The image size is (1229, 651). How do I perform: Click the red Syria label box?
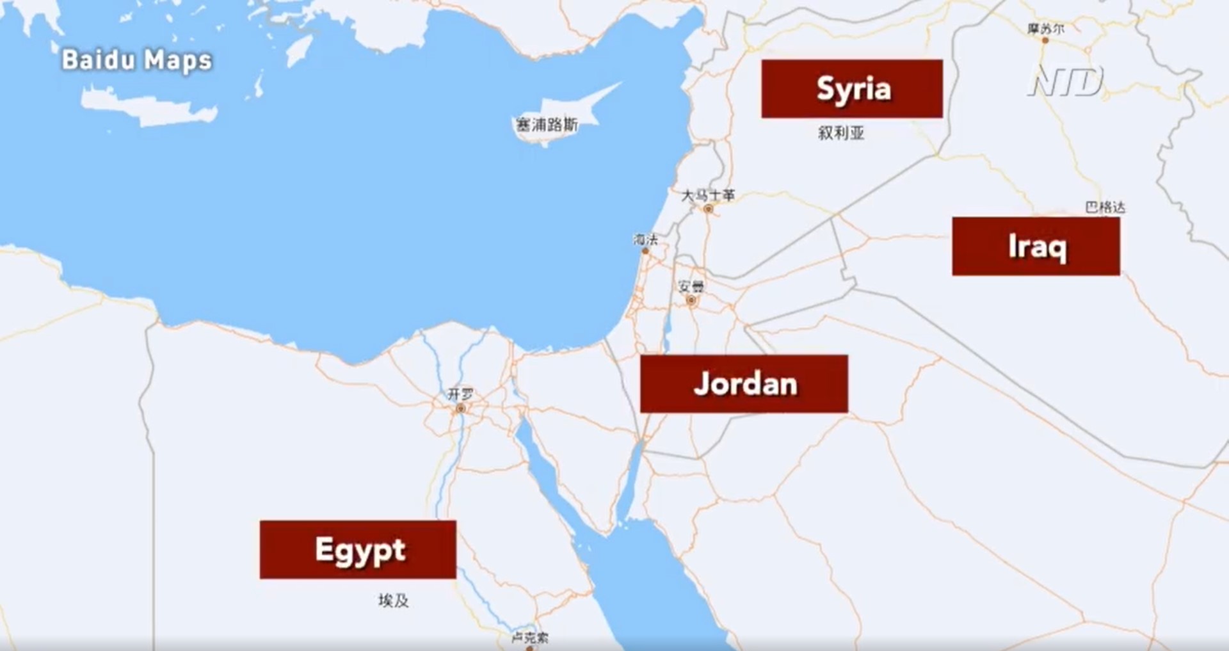(x=851, y=88)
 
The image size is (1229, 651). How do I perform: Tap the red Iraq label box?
(x=1036, y=246)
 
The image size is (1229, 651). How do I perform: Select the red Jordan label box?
(x=744, y=383)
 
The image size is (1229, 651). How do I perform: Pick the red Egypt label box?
(x=358, y=549)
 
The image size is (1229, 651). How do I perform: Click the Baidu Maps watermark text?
(x=136, y=60)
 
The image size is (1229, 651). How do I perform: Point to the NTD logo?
(x=1066, y=81)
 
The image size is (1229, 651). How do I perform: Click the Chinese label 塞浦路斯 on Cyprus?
(x=547, y=124)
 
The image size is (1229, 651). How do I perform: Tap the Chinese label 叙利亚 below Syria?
(x=841, y=133)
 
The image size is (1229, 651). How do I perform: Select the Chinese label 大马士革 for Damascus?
(x=708, y=195)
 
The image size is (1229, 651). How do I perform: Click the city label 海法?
(x=645, y=239)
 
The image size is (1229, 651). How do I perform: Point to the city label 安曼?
(x=691, y=286)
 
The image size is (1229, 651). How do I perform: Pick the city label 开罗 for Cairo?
(x=460, y=394)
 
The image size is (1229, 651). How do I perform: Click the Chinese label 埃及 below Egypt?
(x=393, y=600)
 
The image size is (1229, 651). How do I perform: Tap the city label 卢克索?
(x=529, y=638)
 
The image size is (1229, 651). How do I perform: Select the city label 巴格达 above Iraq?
(x=1105, y=207)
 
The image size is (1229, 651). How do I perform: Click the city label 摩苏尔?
(x=1045, y=29)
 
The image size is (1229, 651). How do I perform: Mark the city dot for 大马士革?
(x=708, y=209)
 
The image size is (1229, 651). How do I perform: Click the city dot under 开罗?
(x=460, y=408)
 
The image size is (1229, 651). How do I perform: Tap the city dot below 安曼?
(x=691, y=300)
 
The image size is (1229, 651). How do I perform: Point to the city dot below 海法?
(x=645, y=251)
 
